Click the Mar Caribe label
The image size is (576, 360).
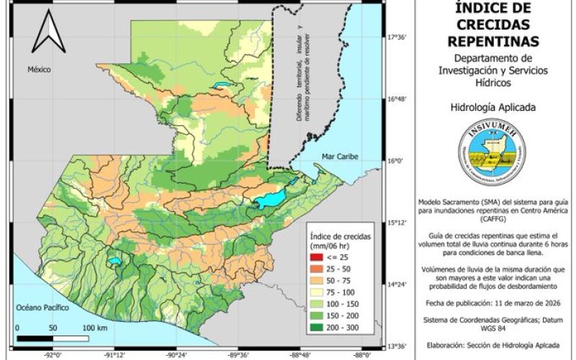click(x=341, y=155)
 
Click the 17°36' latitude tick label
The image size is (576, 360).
click(x=398, y=37)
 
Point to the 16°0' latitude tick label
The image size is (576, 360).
click(x=397, y=161)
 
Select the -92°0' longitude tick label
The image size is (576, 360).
click(x=53, y=354)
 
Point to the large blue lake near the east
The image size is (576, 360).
click(x=271, y=199)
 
